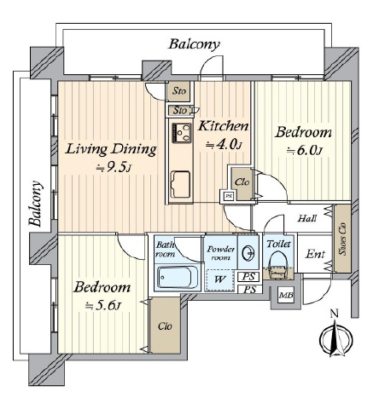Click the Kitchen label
[223, 126]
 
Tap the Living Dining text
[111, 149]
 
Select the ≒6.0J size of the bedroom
[304, 151]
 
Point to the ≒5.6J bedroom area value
[103, 306]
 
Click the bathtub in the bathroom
[175, 278]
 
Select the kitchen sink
[180, 184]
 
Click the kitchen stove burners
[181, 133]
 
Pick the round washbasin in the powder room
[248, 252]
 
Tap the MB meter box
[286, 296]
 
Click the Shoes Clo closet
[342, 239]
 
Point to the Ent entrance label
[315, 254]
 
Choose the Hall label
[307, 218]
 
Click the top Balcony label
[195, 44]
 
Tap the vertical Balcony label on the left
[36, 204]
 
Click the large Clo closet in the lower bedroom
[165, 325]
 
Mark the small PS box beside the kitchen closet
[228, 196]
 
